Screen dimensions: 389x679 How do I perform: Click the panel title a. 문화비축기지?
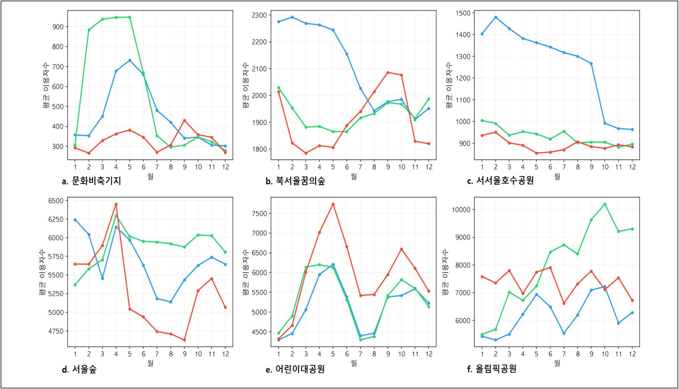(x=91, y=181)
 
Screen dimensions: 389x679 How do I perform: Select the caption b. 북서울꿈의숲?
(x=295, y=181)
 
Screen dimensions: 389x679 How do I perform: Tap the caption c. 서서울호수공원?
(x=500, y=180)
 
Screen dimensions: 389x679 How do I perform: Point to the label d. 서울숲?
(x=79, y=369)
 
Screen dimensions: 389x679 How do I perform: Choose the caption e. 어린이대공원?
(x=295, y=369)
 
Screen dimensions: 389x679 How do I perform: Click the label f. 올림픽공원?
(x=492, y=369)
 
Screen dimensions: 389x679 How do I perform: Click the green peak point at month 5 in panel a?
(x=129, y=17)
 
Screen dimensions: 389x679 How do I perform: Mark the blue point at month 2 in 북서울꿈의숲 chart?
(x=292, y=17)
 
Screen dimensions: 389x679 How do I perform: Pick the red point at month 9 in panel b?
(x=388, y=72)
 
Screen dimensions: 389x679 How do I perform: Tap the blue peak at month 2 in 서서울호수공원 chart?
(x=495, y=17)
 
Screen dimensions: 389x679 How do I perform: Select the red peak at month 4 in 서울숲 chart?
(x=116, y=204)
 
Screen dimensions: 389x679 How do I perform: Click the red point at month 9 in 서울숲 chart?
(x=185, y=340)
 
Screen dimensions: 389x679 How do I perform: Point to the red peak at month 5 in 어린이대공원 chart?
(x=333, y=204)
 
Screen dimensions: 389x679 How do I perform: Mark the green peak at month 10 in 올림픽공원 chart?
(x=605, y=204)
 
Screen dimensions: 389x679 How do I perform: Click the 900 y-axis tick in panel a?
(x=58, y=27)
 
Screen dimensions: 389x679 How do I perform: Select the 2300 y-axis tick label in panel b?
(x=259, y=15)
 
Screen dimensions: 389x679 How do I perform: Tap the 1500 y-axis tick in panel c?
(x=463, y=13)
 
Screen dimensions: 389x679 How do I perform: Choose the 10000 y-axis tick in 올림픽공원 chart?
(x=461, y=210)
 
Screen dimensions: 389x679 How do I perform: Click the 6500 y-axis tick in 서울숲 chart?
(x=56, y=201)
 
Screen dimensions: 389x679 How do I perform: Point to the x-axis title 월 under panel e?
(x=354, y=363)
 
